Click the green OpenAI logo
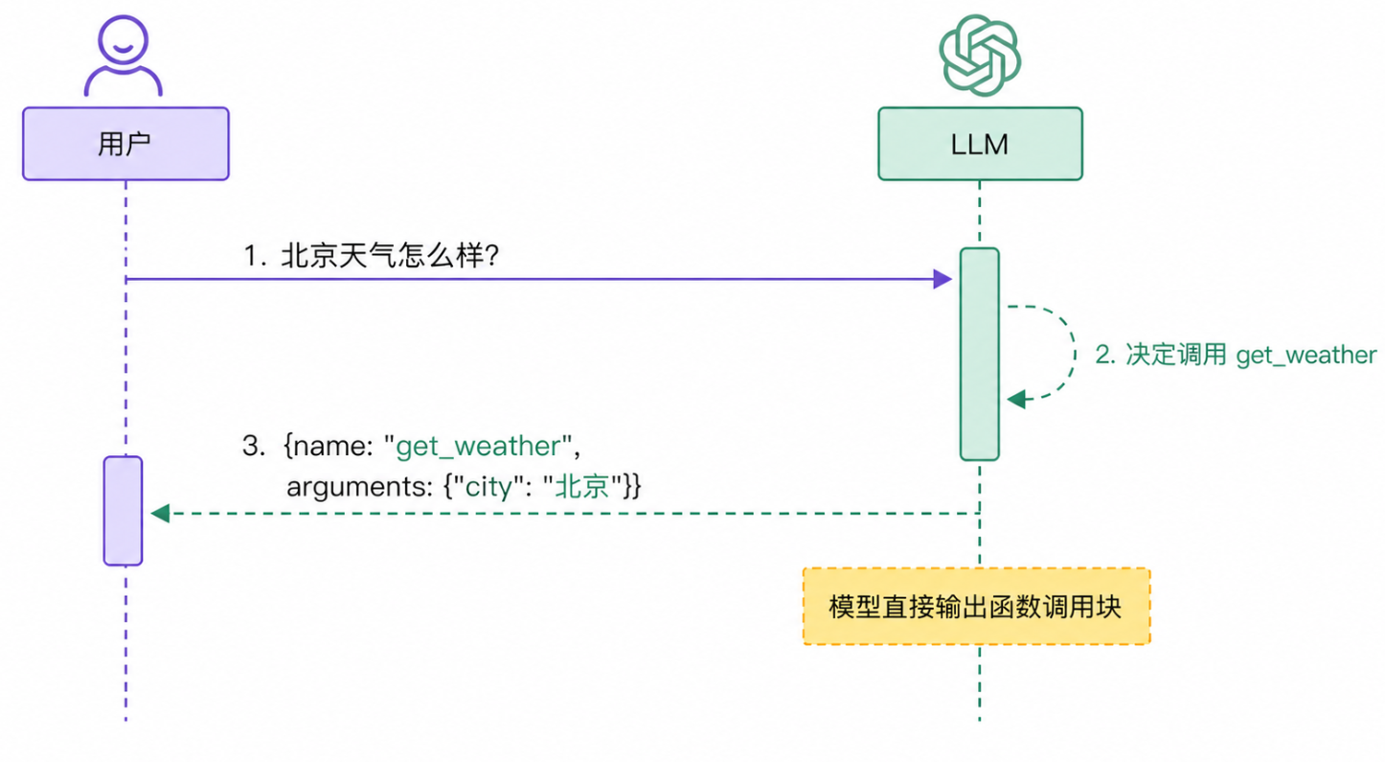[980, 56]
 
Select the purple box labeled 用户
[125, 144]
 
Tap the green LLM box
[980, 144]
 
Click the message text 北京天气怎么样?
[389, 256]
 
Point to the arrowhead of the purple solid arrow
[942, 279]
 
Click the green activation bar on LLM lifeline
[979, 354]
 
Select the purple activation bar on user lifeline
[123, 510]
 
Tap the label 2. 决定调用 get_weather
[1236, 355]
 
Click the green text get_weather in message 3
[478, 446]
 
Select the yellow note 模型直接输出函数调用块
[975, 607]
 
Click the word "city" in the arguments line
[487, 486]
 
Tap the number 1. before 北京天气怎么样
[253, 256]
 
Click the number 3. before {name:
[253, 446]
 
